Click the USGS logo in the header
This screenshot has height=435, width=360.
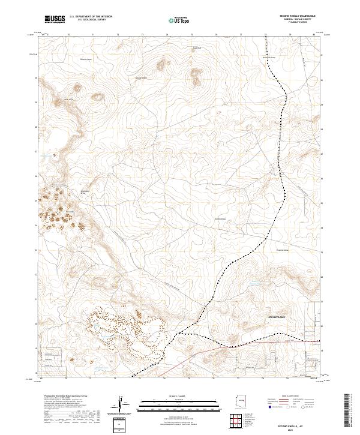click(56, 20)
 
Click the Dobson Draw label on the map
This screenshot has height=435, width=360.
click(220, 219)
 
